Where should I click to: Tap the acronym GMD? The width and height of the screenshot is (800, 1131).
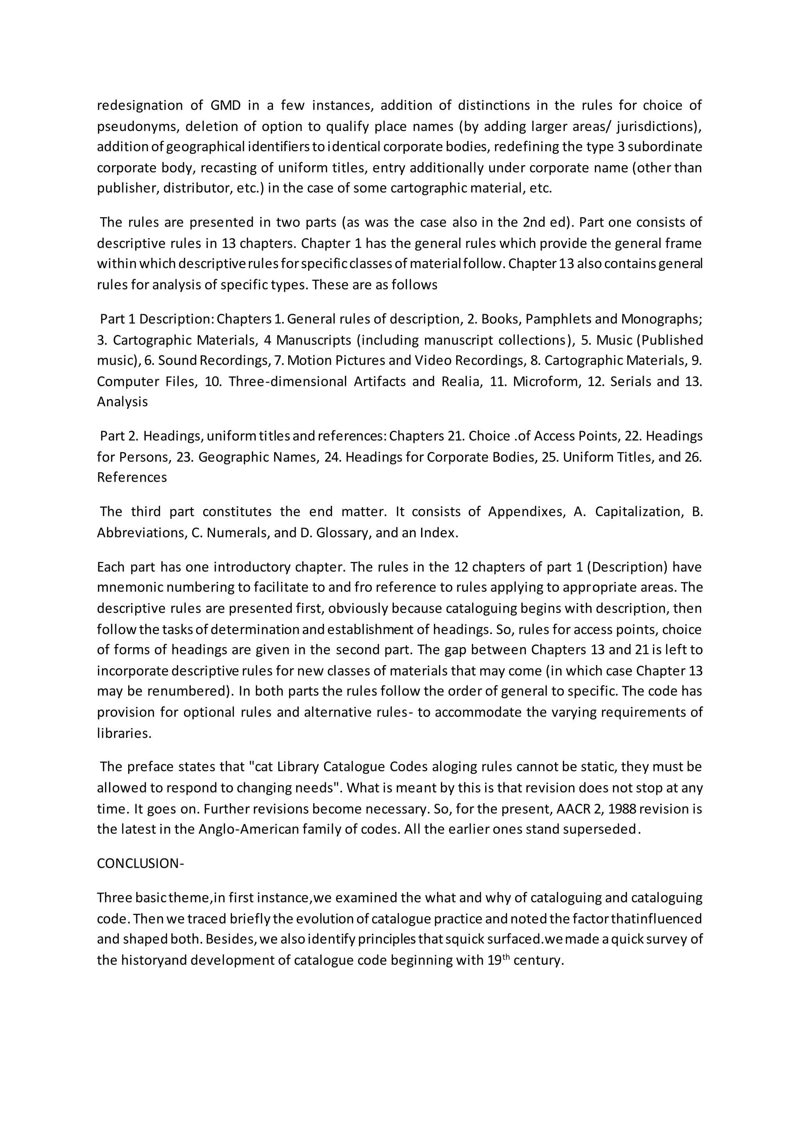point(226,105)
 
